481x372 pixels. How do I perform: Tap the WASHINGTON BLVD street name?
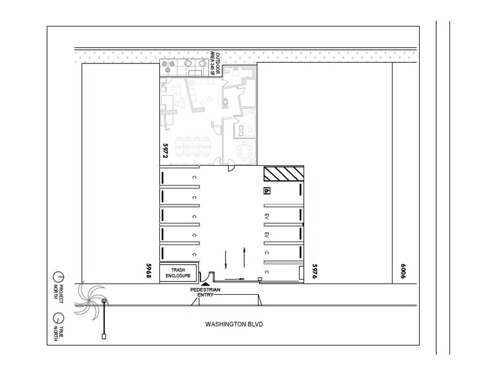(x=234, y=325)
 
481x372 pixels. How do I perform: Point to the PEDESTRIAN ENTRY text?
(x=207, y=292)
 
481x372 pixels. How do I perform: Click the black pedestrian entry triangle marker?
(x=207, y=285)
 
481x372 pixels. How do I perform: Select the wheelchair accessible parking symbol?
(x=267, y=190)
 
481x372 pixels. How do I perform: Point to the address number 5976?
(x=314, y=273)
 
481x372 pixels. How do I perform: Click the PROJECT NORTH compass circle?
(x=58, y=277)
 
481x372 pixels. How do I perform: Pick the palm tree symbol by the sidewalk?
(x=90, y=299)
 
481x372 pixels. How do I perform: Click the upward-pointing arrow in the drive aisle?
(x=245, y=257)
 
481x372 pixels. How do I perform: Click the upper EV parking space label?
(x=267, y=216)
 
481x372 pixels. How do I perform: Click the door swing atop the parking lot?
(x=231, y=167)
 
